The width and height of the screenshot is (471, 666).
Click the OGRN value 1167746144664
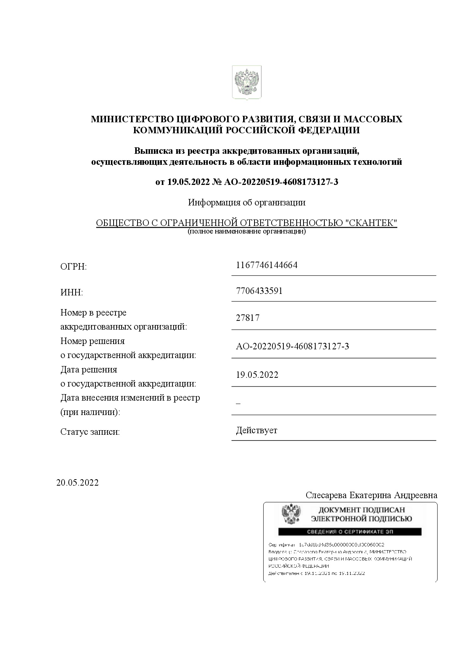(x=267, y=265)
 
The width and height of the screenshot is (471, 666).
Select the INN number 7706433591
(x=259, y=291)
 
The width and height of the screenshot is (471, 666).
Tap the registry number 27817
(x=248, y=318)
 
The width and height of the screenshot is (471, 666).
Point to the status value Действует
(x=256, y=431)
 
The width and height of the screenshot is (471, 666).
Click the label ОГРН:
(x=74, y=267)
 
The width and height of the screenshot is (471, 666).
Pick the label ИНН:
(x=71, y=293)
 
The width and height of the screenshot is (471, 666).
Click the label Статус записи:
(x=90, y=432)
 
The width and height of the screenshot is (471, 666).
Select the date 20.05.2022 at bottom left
(x=77, y=483)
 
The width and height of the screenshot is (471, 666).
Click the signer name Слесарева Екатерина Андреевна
(x=371, y=496)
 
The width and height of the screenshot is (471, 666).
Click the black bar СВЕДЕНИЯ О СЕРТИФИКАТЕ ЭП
(x=349, y=532)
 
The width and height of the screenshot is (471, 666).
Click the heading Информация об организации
(x=247, y=202)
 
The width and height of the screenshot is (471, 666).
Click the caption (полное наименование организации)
(x=247, y=231)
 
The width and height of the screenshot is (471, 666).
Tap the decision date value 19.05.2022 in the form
(x=257, y=375)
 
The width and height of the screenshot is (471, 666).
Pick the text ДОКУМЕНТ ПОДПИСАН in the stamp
(x=361, y=510)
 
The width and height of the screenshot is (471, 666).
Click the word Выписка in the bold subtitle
(x=151, y=151)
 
